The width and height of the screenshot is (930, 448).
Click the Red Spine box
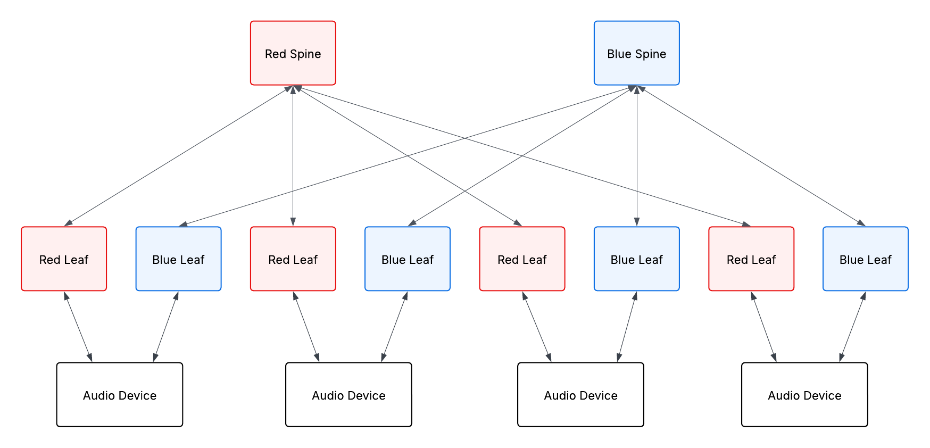[x=293, y=53]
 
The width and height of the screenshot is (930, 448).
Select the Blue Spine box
[x=636, y=53]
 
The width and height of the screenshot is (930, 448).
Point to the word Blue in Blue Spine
[x=619, y=54]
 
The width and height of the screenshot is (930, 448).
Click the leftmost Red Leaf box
[x=64, y=259]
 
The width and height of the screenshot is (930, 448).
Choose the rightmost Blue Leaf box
[x=865, y=259]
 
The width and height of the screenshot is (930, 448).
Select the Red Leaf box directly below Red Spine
[x=293, y=259]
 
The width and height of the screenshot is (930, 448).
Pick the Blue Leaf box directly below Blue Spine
[x=636, y=259]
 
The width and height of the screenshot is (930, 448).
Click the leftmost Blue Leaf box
[x=178, y=259]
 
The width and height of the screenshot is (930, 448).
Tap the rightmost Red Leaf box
[x=751, y=259]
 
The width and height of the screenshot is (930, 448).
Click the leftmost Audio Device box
[x=120, y=395]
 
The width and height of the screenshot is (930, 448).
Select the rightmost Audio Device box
[x=804, y=395]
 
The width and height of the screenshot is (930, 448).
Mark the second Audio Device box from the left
[x=348, y=395]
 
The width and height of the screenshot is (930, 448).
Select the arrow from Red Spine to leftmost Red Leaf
[x=178, y=156]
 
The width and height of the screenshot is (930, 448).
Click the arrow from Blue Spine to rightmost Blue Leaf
[x=751, y=156]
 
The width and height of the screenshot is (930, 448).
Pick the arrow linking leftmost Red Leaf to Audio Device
[x=78, y=327]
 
